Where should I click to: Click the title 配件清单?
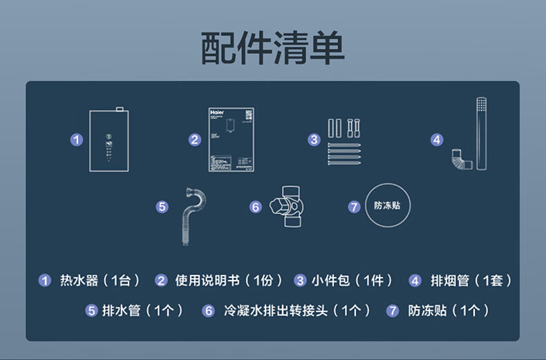[273, 48]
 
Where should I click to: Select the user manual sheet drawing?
[227, 140]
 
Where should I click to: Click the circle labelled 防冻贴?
[388, 205]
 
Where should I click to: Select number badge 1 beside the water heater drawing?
[77, 140]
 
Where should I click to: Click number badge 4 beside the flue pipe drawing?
[436, 140]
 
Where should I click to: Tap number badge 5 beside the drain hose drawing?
[162, 206]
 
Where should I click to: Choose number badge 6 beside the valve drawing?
[256, 207]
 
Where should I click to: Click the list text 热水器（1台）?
[100, 281]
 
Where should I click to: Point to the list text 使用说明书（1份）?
[229, 281]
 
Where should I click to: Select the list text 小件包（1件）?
[352, 281]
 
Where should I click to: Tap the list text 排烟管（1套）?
[471, 281]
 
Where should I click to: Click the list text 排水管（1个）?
[142, 311]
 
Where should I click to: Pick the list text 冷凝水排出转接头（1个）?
[297, 311]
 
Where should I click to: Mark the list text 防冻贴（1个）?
[449, 311]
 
